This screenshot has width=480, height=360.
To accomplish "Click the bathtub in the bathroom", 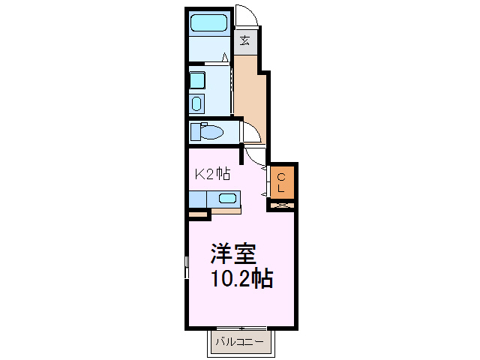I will [x=209, y=23].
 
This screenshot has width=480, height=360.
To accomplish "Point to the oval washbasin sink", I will [x=196, y=103].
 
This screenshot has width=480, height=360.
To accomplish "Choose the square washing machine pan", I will [x=196, y=79].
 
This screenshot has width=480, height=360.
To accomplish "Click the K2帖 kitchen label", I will [x=212, y=174].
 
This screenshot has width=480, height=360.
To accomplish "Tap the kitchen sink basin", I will [x=226, y=199].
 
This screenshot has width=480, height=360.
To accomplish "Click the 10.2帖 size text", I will [x=240, y=280].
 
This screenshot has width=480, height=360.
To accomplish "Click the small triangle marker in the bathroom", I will [x=226, y=57].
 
